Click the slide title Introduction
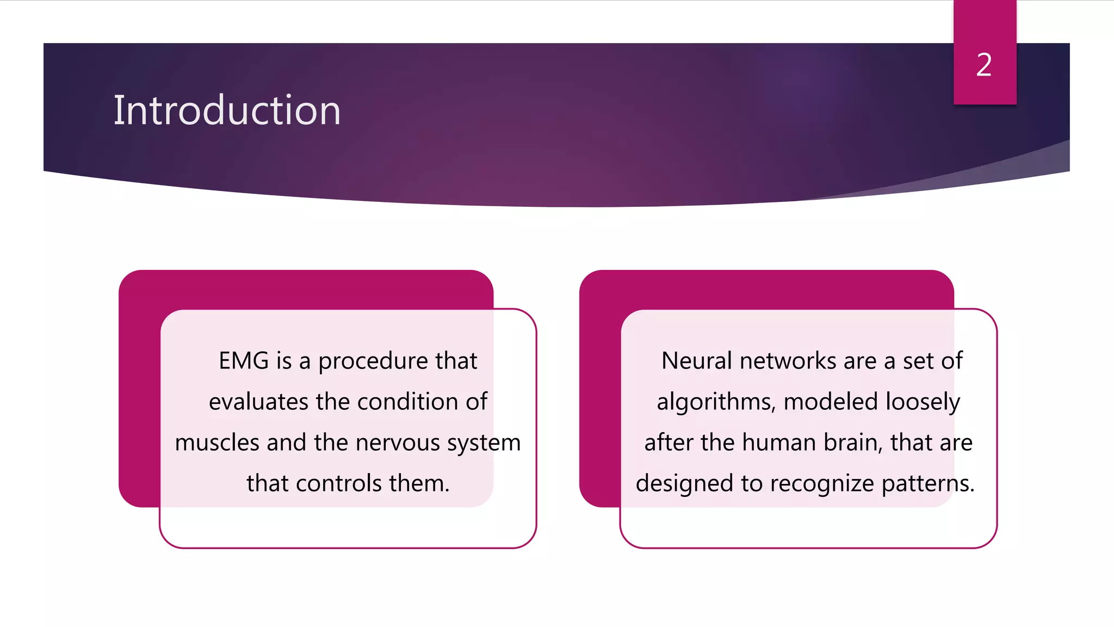click(227, 110)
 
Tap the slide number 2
click(984, 65)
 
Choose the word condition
click(407, 402)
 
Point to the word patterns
click(927, 484)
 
